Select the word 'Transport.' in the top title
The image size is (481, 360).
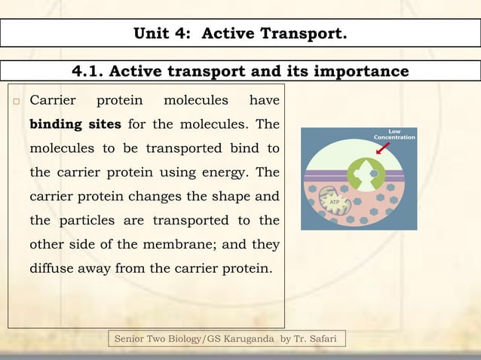click(308, 33)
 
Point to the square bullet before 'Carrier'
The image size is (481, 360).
click(14, 101)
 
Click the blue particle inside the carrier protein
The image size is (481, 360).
click(374, 174)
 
